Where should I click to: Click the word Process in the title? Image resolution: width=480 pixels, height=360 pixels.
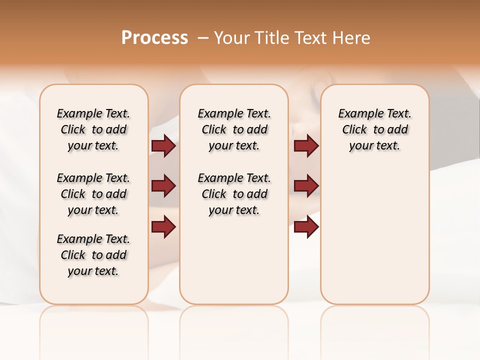click(x=154, y=37)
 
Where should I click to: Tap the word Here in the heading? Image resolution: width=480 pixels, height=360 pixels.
click(x=351, y=37)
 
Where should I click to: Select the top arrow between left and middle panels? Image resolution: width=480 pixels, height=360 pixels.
click(x=163, y=146)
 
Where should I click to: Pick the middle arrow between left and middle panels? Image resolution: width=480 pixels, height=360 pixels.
click(x=163, y=186)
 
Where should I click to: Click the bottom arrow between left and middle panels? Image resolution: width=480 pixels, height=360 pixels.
click(x=163, y=226)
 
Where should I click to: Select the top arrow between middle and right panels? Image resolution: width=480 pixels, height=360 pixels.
click(x=306, y=146)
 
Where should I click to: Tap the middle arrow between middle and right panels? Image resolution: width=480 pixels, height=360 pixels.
click(x=306, y=186)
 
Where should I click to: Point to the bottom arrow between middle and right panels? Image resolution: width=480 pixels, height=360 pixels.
click(x=306, y=226)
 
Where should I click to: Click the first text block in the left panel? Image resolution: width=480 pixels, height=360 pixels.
click(x=93, y=129)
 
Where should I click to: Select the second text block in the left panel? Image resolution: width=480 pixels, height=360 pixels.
click(x=93, y=194)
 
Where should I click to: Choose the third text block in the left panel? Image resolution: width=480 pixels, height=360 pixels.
click(x=93, y=255)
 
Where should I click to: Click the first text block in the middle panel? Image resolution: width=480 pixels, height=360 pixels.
click(x=234, y=129)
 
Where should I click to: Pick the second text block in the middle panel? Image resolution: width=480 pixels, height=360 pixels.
click(x=234, y=194)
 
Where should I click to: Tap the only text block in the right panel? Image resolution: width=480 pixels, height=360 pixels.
click(x=375, y=129)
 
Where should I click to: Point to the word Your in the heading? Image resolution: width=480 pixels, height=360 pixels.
click(x=231, y=37)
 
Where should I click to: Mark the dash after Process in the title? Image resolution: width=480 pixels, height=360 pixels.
click(x=203, y=37)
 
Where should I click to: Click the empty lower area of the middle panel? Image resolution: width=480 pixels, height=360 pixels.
click(x=234, y=260)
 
